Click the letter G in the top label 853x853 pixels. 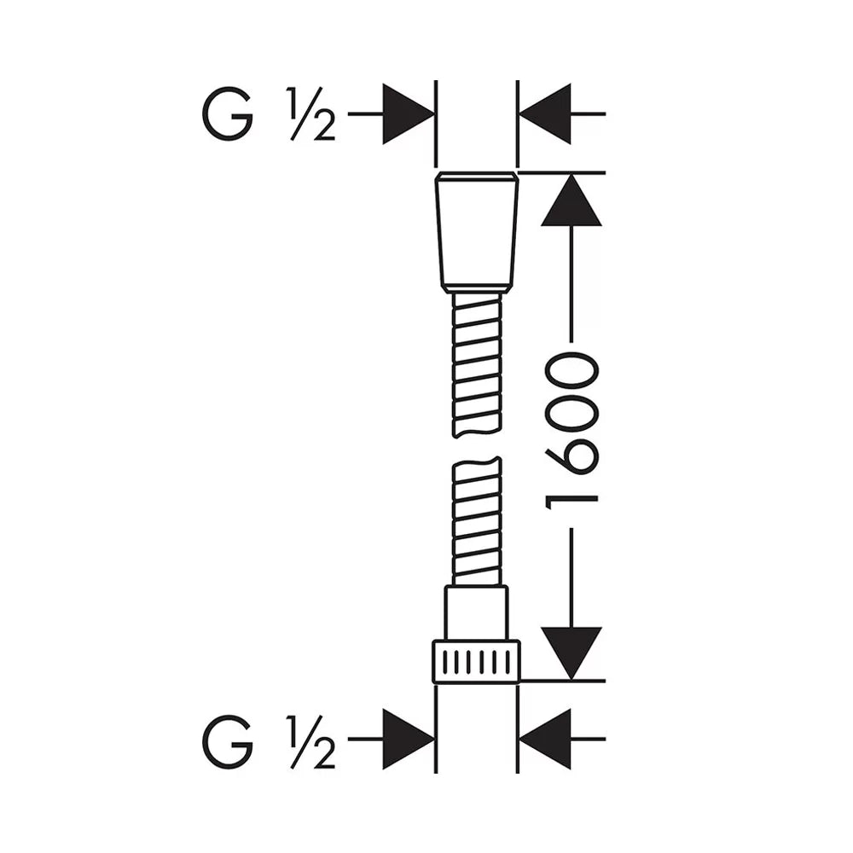tap(228, 114)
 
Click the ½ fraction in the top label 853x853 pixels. tap(312, 114)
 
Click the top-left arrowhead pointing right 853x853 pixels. tap(408, 114)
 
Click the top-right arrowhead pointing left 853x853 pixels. tap(545, 114)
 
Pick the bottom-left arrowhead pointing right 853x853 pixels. tap(408, 740)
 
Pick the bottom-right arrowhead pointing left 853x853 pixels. tap(545, 740)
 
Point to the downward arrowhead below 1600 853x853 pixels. tap(572, 653)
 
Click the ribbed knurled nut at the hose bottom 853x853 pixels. tap(476, 662)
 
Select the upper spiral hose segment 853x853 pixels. tap(476, 365)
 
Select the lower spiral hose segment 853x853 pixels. tap(477, 521)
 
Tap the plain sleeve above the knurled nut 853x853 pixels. tap(477, 612)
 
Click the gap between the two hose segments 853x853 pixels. tap(477, 447)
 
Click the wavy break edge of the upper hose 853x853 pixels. tap(476, 432)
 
